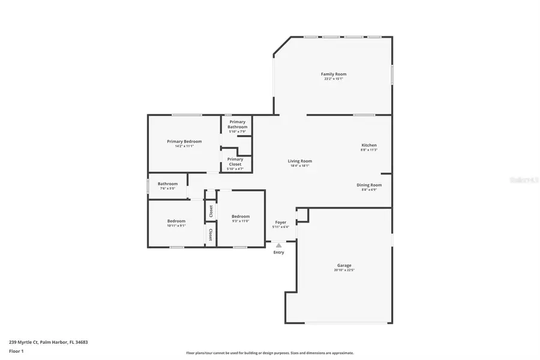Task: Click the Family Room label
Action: click(334, 74)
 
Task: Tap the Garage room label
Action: click(344, 265)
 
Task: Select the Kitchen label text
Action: click(369, 145)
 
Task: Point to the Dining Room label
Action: click(369, 185)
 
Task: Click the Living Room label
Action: click(299, 161)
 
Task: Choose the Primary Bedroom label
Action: click(184, 142)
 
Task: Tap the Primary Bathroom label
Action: click(238, 124)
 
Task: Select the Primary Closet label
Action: click(235, 161)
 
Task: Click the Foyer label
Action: click(281, 222)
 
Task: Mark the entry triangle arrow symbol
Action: click(278, 245)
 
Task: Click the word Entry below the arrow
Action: click(279, 252)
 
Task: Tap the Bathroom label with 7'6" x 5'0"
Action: click(167, 184)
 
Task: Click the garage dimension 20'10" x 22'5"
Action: click(344, 270)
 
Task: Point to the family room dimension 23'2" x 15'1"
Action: click(334, 79)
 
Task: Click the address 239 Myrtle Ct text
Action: click(48, 342)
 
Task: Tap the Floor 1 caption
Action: click(16, 350)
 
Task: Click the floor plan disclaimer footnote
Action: click(270, 353)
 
